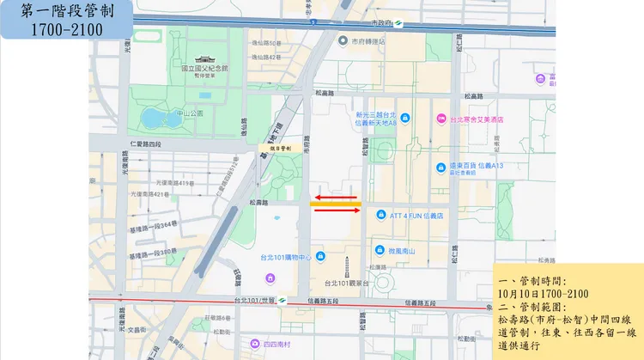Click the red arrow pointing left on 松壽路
pyautogui.click(x=334, y=197)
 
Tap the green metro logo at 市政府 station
pyautogui.click(x=388, y=22)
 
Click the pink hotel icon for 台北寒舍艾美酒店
pyautogui.click(x=440, y=119)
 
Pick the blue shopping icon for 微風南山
pyautogui.click(x=380, y=249)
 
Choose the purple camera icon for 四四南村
pyautogui.click(x=254, y=344)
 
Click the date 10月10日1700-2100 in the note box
pyautogui.click(x=542, y=293)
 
